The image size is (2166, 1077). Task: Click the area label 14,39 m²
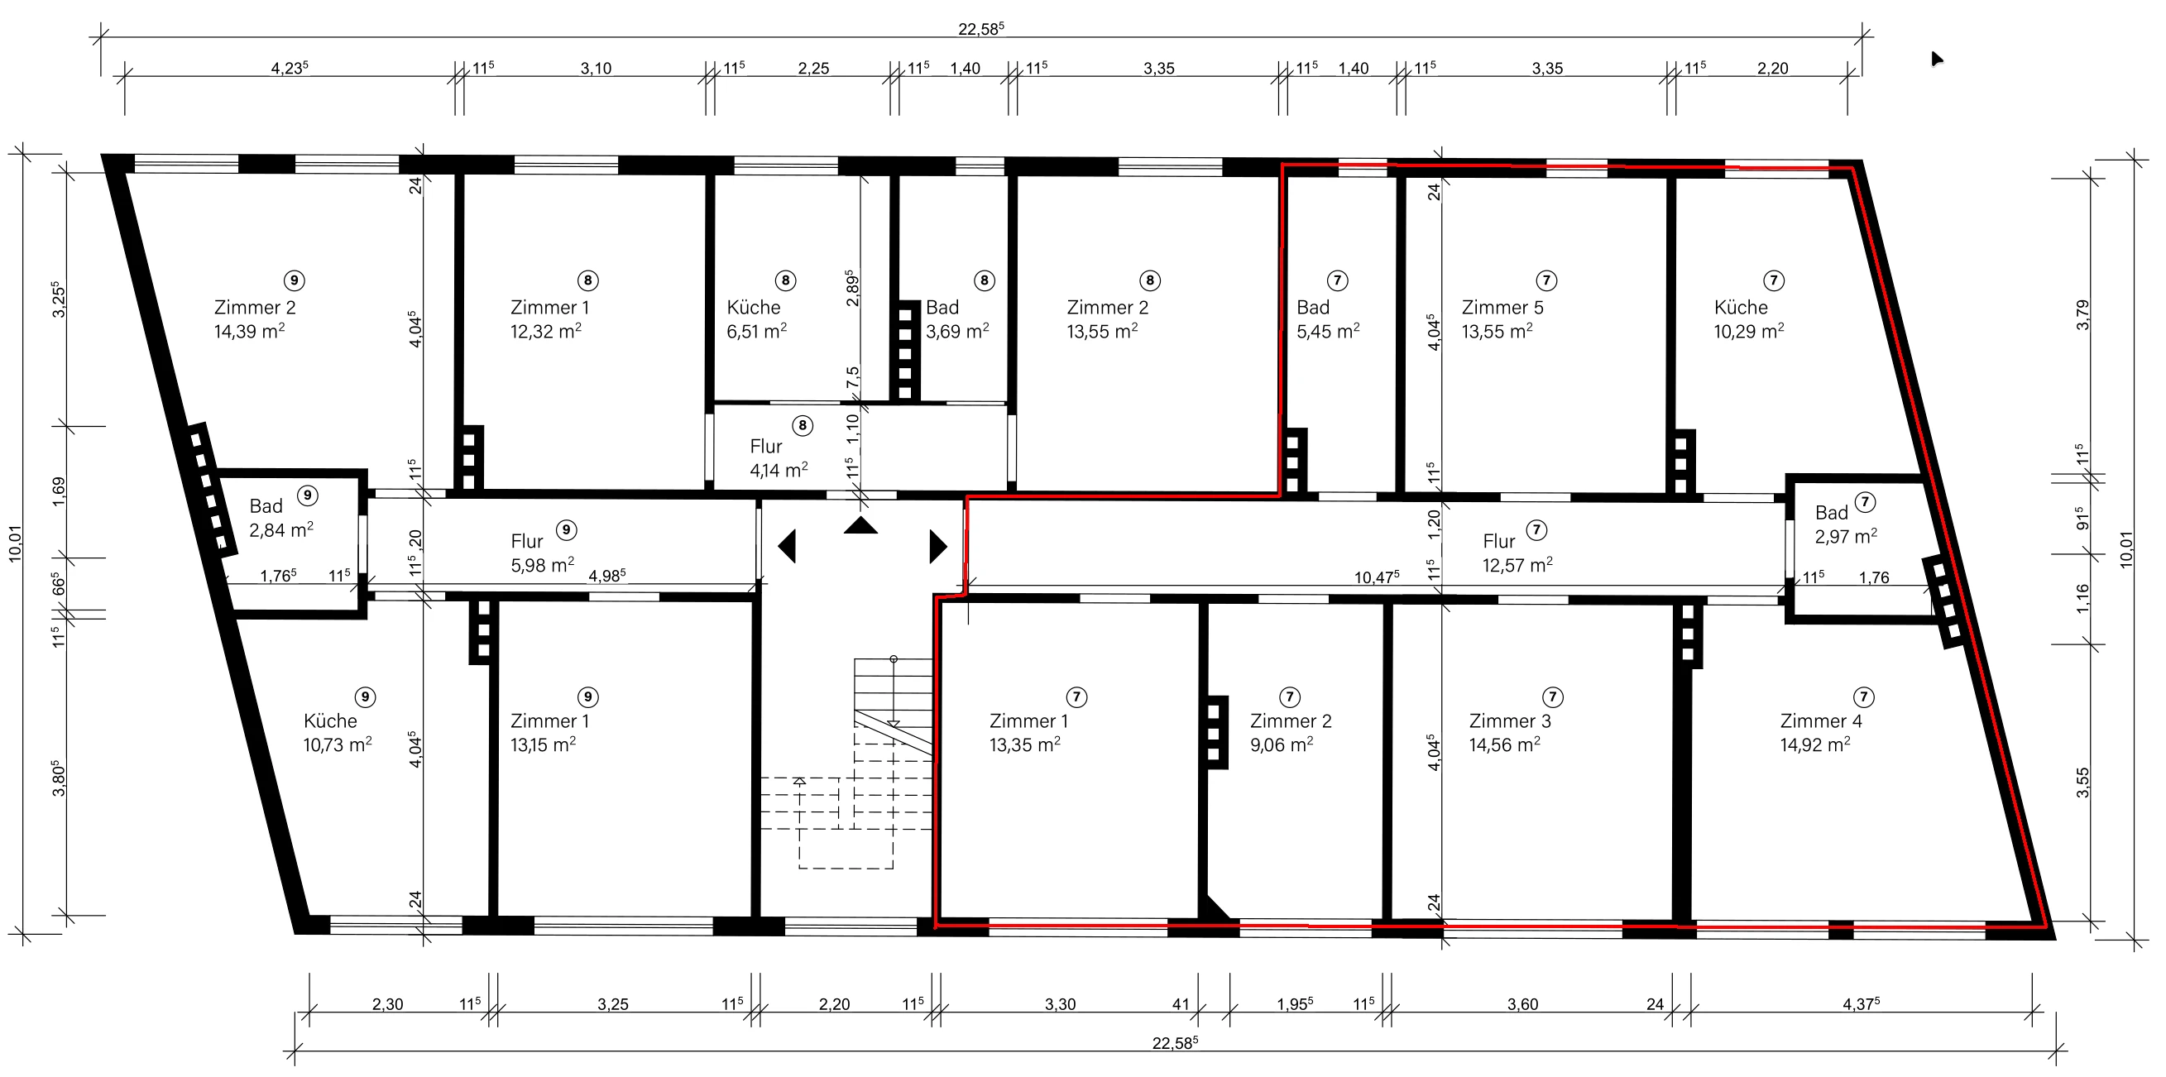pos(249,331)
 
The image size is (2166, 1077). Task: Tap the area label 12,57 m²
pos(1517,565)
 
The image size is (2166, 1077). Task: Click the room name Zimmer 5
pos(1502,308)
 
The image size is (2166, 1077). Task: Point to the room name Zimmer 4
pos(1821,721)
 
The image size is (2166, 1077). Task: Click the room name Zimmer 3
pos(1510,721)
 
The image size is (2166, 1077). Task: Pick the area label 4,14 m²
pos(779,470)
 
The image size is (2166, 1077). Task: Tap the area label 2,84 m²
pos(280,529)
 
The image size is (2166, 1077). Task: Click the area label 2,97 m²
pos(1846,536)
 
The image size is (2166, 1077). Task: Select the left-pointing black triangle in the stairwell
pos(788,547)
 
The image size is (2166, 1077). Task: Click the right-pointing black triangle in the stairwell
pos(937,547)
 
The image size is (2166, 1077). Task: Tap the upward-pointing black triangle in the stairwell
pos(861,526)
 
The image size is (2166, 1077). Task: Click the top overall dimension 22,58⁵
pos(981,29)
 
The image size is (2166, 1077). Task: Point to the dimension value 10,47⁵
pos(1377,577)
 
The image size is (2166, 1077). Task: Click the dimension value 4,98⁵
pos(607,576)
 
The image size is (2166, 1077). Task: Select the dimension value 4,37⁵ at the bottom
pos(1861,1003)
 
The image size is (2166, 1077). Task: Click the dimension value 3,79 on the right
pos(2082,315)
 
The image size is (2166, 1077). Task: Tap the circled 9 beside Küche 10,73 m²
pos(365,697)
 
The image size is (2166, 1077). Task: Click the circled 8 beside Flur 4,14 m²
pos(803,425)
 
